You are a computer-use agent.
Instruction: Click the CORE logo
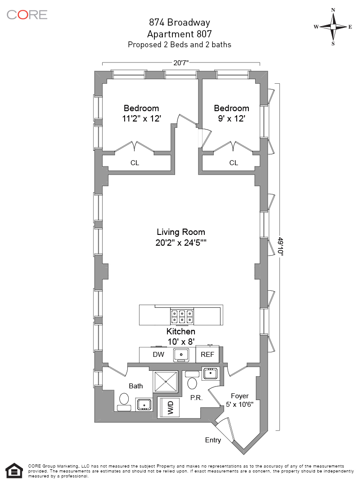pyautogui.click(x=27, y=14)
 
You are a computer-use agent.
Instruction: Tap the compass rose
pyautogui.click(x=333, y=27)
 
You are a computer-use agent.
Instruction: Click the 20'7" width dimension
pyautogui.click(x=180, y=63)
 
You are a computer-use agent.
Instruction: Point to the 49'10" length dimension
pyautogui.click(x=280, y=247)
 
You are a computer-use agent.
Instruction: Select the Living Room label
pyautogui.click(x=180, y=232)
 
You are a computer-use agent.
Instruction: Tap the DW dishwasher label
pyautogui.click(x=158, y=355)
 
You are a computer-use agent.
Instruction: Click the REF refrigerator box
pyautogui.click(x=207, y=355)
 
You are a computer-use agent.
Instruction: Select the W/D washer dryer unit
pyautogui.click(x=171, y=408)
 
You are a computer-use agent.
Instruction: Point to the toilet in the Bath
pyautogui.click(x=124, y=399)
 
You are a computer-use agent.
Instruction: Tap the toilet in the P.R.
pyautogui.click(x=192, y=382)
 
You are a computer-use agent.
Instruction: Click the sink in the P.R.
pyautogui.click(x=210, y=373)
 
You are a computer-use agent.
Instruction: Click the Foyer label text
pyautogui.click(x=239, y=396)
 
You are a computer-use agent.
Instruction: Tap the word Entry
pyautogui.click(x=213, y=440)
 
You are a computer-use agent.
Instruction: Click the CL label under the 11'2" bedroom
pyautogui.click(x=135, y=163)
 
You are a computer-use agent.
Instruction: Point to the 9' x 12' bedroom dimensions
pyautogui.click(x=231, y=119)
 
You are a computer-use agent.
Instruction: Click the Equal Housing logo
pyautogui.click(x=15, y=471)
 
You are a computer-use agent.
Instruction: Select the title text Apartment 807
pyautogui.click(x=180, y=33)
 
